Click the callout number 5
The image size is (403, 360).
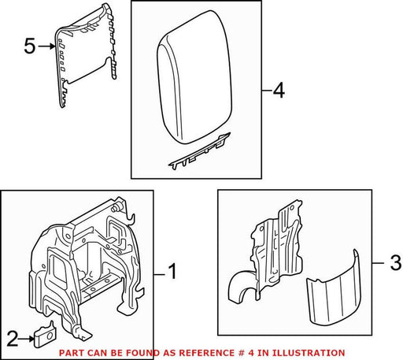click(x=29, y=46)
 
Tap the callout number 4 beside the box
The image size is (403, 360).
click(x=279, y=91)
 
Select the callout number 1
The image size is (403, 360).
click(x=172, y=272)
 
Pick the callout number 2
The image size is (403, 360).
click(x=13, y=339)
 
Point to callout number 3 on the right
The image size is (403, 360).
click(x=395, y=262)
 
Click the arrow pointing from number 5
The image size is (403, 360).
click(x=46, y=46)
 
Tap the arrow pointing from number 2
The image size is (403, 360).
click(x=27, y=339)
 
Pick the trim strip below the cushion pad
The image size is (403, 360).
click(x=199, y=151)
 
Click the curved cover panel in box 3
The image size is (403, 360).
click(x=334, y=288)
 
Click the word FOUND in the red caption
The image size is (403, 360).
click(x=145, y=353)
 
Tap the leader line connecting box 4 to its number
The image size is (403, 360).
click(x=267, y=91)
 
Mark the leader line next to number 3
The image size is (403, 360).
click(x=379, y=262)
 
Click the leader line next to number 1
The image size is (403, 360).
click(x=160, y=275)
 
